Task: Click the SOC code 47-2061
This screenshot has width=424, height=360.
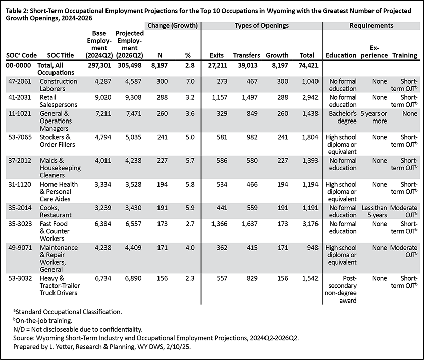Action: click(20, 81)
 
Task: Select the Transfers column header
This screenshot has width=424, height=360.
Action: click(247, 55)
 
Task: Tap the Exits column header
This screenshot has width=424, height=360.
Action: click(217, 55)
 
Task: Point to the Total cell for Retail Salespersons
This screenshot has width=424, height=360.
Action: click(310, 97)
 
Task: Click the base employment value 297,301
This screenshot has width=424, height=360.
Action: click(99, 65)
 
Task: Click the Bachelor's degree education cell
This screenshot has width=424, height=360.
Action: click(343, 117)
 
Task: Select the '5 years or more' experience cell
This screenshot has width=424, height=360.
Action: click(374, 117)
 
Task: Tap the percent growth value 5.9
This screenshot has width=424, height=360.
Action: click(190, 208)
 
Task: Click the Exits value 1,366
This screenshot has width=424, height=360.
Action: click(220, 224)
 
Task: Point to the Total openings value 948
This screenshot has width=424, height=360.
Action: click(313, 248)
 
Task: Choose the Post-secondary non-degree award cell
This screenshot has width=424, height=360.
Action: click(341, 289)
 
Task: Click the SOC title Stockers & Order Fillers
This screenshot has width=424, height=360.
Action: click(58, 141)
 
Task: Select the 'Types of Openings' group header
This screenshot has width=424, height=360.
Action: click(261, 26)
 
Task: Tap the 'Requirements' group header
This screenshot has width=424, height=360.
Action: click(372, 26)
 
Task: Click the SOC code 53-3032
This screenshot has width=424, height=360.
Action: click(20, 278)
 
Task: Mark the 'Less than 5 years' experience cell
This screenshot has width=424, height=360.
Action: click(375, 211)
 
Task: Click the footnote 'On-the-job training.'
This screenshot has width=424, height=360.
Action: click(43, 321)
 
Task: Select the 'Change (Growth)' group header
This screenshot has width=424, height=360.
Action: click(173, 26)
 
